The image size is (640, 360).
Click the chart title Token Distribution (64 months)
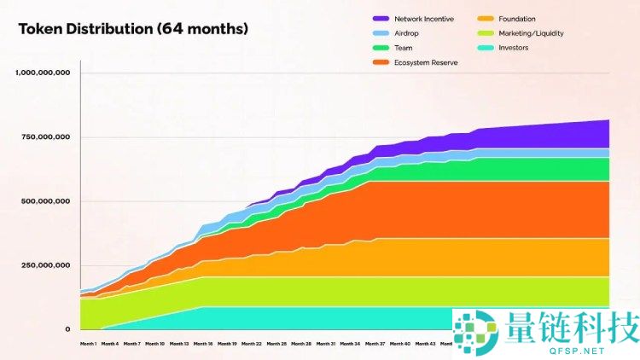(133, 29)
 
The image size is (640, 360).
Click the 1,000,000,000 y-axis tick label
(43, 73)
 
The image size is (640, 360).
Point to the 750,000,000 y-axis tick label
(46, 137)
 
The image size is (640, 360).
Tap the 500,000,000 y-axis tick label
(46, 201)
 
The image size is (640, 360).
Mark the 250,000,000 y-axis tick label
(46, 265)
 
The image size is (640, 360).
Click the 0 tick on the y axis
(67, 329)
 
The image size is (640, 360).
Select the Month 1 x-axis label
(87, 344)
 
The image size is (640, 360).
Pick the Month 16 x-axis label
(202, 344)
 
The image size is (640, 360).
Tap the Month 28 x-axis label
(300, 344)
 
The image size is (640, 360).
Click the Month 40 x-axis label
(399, 344)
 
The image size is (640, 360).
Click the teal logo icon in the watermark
(476, 331)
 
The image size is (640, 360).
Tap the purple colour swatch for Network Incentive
(381, 18)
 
